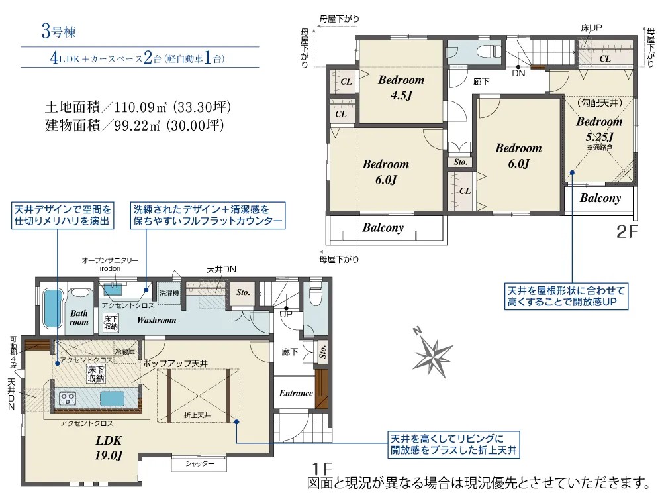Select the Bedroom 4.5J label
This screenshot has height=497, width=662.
[401, 87]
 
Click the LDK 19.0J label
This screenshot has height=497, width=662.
[109, 447]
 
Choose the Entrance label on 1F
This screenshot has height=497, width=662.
[296, 393]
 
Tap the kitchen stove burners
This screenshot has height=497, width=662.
[69, 398]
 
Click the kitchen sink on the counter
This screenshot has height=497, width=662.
[112, 398]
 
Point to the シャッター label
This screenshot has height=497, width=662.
[200, 464]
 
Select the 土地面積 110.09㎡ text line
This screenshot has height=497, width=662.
[138, 106]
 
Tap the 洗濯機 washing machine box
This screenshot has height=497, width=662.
[167, 293]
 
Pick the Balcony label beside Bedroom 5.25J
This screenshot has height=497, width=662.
[600, 198]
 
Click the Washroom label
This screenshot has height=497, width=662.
[157, 320]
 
